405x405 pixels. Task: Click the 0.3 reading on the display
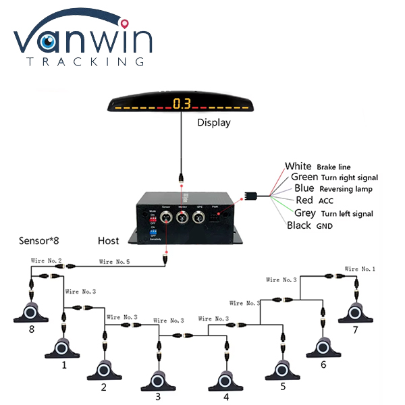click(x=182, y=103)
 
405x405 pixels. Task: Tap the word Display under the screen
click(x=213, y=122)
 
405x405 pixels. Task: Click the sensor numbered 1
click(x=64, y=347)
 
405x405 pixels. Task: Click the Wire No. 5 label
click(x=115, y=261)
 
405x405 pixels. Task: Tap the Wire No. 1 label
click(x=360, y=269)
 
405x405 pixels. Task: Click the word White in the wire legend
click(x=298, y=166)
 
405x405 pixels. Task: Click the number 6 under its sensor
click(x=323, y=364)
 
